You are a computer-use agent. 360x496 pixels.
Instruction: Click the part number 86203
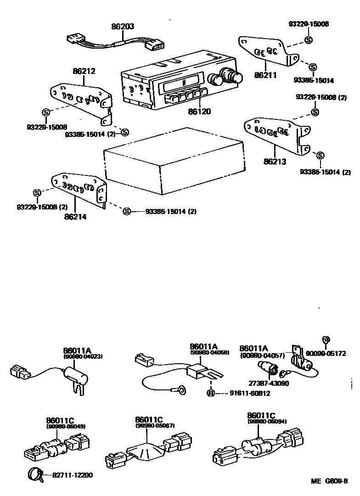pyautogui.click(x=123, y=27)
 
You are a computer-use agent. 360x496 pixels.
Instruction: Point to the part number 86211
pyautogui.click(x=265, y=74)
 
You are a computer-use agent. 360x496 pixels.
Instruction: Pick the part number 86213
pyautogui.click(x=275, y=161)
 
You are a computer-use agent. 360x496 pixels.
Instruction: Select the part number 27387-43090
pyautogui.click(x=270, y=383)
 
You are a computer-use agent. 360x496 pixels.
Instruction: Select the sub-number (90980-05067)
pyautogui.click(x=155, y=426)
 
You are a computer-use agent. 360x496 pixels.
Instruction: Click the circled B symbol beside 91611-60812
pyautogui.click(x=211, y=393)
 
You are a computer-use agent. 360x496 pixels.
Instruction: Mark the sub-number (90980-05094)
pyautogui.click(x=267, y=421)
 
